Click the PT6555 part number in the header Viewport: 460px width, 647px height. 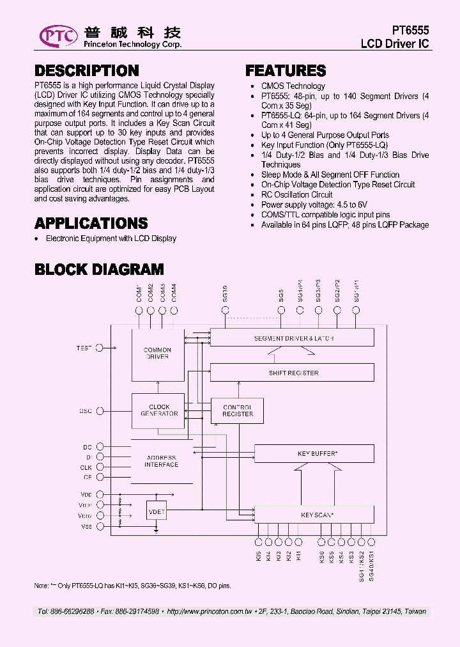pos(410,31)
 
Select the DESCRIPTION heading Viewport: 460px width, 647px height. pos(86,71)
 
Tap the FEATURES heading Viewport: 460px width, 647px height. pos(286,71)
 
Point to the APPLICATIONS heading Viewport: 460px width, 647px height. pos(91,223)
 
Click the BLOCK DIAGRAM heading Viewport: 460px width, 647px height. pos(99,269)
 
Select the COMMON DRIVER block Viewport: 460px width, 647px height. pos(157,354)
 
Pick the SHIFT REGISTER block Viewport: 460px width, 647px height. pos(293,373)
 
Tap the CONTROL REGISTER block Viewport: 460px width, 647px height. pos(238,410)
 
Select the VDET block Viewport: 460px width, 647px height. pos(157,511)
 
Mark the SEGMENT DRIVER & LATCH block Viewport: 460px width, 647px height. pos(293,338)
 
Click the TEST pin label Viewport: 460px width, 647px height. pos(84,348)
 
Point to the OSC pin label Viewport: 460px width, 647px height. pos(86,410)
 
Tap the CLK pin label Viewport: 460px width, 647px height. pos(86,467)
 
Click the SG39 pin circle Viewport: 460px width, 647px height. pos(225,310)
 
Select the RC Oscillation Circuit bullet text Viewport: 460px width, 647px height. pos(296,194)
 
